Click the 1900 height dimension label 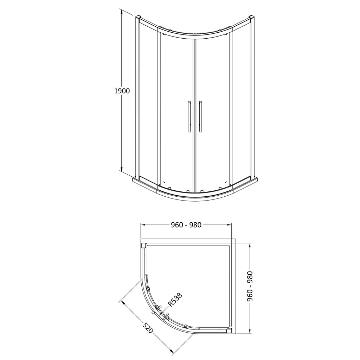point(122,91)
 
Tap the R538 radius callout point(175,299)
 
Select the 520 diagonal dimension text point(148,328)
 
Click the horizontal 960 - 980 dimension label point(186,225)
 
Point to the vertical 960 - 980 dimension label point(250,286)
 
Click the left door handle point(189,116)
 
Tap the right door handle point(200,116)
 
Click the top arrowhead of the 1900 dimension point(121,12)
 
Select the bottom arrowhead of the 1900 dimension point(121,169)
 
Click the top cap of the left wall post point(138,18)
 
